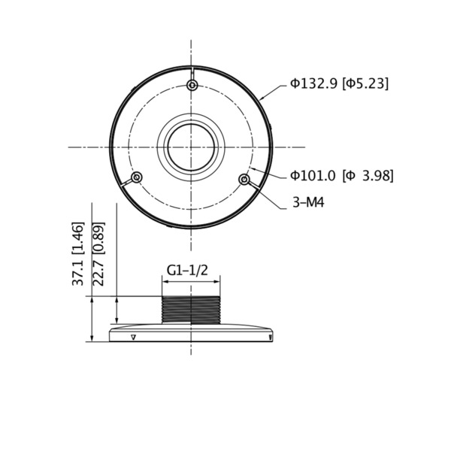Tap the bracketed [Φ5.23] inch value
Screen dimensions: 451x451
coord(365,83)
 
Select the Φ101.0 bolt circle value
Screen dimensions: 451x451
coord(313,176)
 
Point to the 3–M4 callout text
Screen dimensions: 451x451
coord(308,202)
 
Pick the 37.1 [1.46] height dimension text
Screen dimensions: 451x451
coord(78,253)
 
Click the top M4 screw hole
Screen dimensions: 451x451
coord(192,86)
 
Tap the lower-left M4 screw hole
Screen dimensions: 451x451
coord(137,177)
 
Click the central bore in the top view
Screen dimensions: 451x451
coord(192,146)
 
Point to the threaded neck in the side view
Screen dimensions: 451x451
coord(192,308)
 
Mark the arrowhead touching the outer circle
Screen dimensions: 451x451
coord(262,98)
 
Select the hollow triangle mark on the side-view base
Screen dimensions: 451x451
coord(133,337)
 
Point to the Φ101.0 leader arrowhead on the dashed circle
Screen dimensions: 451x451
coord(253,169)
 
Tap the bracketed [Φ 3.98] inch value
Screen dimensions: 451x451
coord(368,176)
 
